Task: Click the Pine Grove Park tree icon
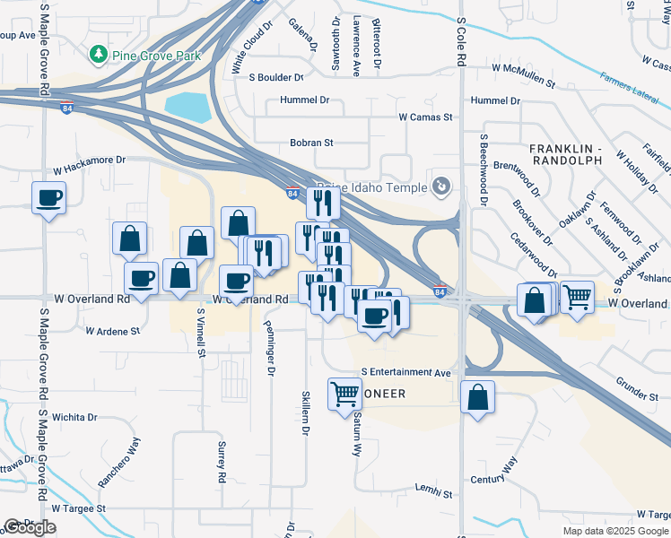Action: pos(98,55)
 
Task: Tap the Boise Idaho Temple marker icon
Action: pos(440,186)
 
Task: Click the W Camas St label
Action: pos(426,117)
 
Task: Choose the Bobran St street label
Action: pos(311,142)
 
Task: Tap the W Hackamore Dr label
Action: pos(91,164)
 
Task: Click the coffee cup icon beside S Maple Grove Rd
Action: pos(48,197)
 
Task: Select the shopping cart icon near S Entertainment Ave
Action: pos(344,392)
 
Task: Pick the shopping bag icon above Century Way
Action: pos(477,395)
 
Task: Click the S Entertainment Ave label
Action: pos(406,371)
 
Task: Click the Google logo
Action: pos(30,527)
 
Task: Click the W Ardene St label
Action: pos(113,331)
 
